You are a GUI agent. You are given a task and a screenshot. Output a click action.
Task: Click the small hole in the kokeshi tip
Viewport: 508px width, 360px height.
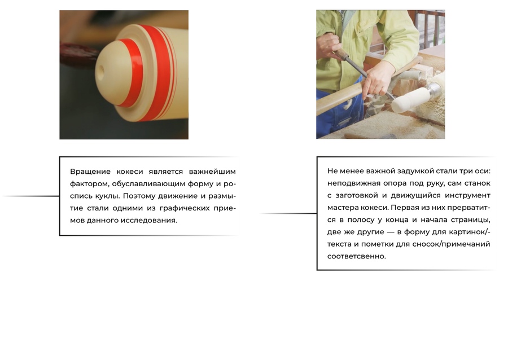tap(100, 70)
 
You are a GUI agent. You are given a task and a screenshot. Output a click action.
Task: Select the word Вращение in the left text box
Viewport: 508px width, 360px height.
tap(90, 172)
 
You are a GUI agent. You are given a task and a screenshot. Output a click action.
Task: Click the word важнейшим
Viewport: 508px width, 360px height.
tap(212, 172)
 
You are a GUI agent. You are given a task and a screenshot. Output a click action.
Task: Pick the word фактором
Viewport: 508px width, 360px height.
tap(89, 184)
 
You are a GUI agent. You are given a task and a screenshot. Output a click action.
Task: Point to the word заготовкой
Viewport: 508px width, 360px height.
tap(357, 196)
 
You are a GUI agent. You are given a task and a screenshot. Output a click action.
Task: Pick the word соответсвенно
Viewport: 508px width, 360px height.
tap(356, 256)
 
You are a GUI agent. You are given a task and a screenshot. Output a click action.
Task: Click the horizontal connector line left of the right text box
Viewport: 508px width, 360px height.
tap(288, 213)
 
